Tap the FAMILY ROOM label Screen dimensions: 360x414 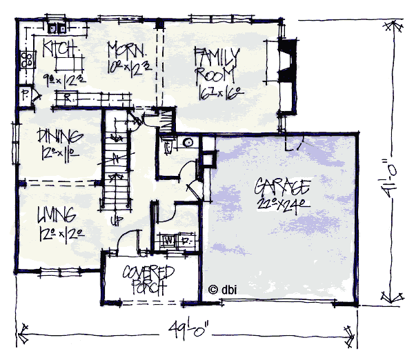216,63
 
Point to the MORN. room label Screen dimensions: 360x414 126,50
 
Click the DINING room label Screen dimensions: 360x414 61,135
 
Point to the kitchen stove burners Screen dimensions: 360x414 28,59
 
